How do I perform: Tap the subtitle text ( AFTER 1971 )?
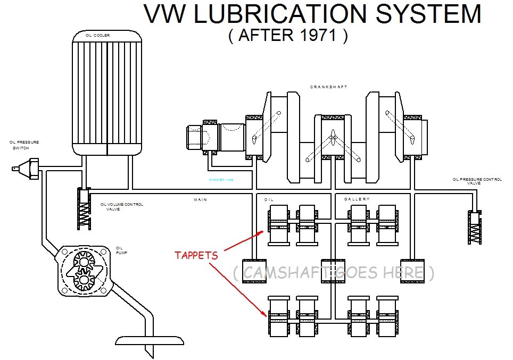[288, 36]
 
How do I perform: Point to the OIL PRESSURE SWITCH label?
[23, 145]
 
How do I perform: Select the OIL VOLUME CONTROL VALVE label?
[121, 206]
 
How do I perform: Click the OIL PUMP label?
[120, 250]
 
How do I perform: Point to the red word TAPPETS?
[196, 255]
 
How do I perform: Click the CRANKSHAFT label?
[328, 87]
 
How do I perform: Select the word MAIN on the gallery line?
[200, 199]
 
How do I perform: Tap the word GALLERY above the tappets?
[357, 199]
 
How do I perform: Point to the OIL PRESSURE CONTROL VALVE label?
[477, 181]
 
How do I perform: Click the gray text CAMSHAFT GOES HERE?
[333, 273]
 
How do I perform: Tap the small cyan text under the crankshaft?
[221, 180]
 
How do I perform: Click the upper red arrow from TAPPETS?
[244, 240]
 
